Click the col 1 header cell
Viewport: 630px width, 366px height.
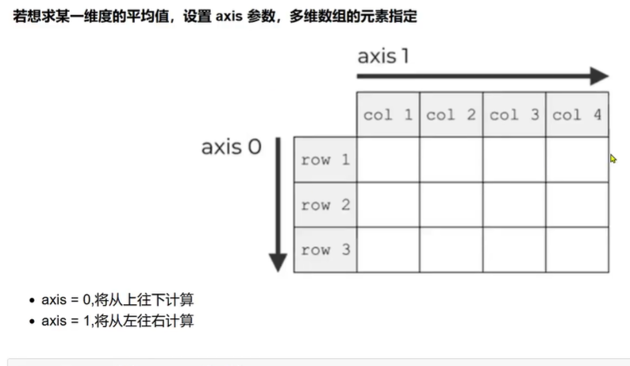[388, 114]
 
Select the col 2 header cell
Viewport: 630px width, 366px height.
[451, 114]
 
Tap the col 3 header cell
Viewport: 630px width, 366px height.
[514, 114]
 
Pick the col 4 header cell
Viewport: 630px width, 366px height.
[577, 114]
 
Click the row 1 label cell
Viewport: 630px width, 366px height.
[325, 160]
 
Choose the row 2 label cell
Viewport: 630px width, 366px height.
[325, 205]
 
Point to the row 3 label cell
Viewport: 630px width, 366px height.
[325, 250]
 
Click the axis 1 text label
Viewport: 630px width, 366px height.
[384, 57]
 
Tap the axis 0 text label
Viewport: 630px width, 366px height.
[232, 147]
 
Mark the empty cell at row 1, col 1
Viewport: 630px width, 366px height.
[388, 160]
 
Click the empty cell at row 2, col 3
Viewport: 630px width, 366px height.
[514, 205]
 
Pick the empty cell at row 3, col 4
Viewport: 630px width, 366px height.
[577, 250]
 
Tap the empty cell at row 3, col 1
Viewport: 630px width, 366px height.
[388, 250]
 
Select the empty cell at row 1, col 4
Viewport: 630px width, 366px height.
[577, 160]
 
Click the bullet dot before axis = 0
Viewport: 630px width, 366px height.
[32, 301]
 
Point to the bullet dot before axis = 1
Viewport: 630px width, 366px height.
[32, 322]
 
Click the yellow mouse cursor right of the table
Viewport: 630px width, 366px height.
[613, 159]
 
